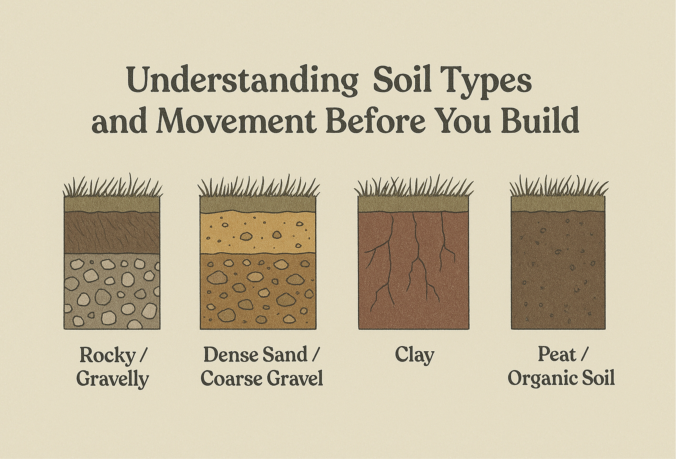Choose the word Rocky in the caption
coord(108,355)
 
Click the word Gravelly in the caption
coord(113,379)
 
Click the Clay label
coord(414,355)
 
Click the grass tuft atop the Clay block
coord(413,188)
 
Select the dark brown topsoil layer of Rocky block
coord(112,233)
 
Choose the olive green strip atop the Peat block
coord(558,204)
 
